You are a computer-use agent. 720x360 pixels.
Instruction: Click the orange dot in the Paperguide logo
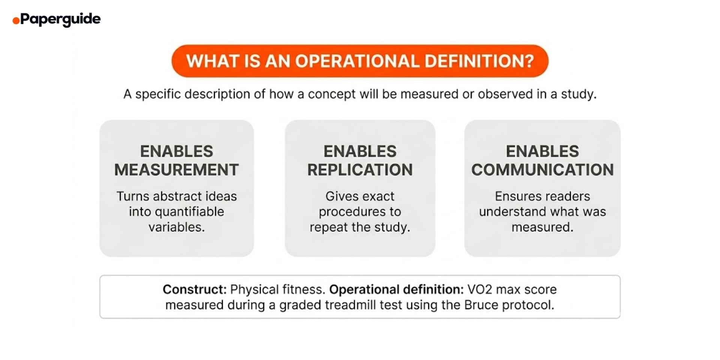point(16,21)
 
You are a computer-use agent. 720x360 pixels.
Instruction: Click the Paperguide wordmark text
point(60,19)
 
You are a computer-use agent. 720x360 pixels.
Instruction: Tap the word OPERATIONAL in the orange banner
point(357,61)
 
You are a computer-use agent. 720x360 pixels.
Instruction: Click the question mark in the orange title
point(529,61)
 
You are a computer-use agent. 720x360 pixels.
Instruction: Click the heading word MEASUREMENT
point(177,170)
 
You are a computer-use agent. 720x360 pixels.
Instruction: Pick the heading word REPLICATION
point(360,170)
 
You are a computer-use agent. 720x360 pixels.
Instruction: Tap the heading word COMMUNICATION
point(542,170)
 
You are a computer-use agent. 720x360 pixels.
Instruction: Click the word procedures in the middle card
point(348,212)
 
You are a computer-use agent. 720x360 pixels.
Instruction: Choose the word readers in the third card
point(567,196)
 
